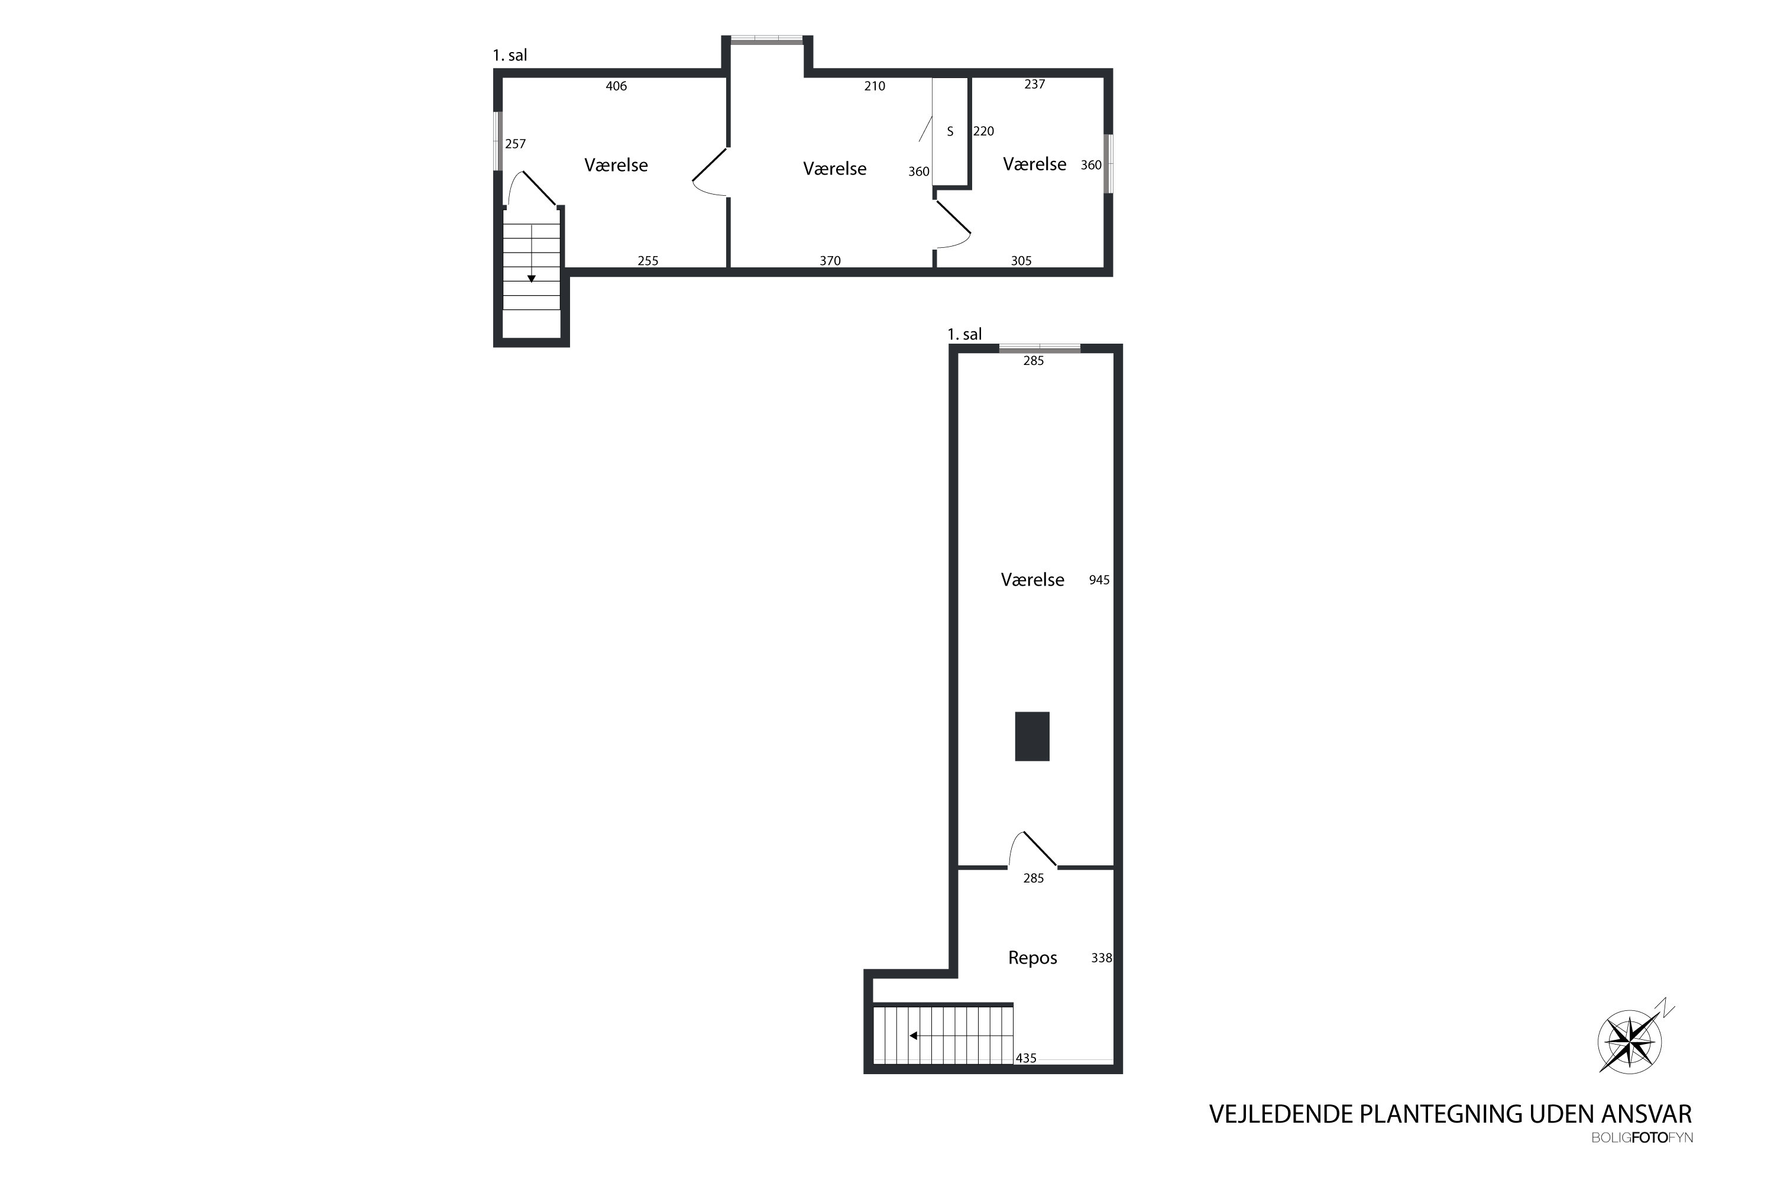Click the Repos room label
pyautogui.click(x=1032, y=958)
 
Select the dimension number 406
pyautogui.click(x=616, y=86)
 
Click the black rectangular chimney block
pyautogui.click(x=1032, y=736)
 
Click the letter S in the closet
pyautogui.click(x=950, y=131)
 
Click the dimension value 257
pyautogui.click(x=515, y=143)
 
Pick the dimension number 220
pyautogui.click(x=983, y=131)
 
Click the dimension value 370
pyautogui.click(x=830, y=260)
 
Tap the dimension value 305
pyautogui.click(x=1021, y=260)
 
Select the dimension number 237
pyautogui.click(x=1035, y=84)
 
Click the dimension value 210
pyautogui.click(x=875, y=86)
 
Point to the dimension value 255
pyautogui.click(x=648, y=260)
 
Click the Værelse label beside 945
pyautogui.click(x=1032, y=580)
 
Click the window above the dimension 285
pyautogui.click(x=1040, y=348)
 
